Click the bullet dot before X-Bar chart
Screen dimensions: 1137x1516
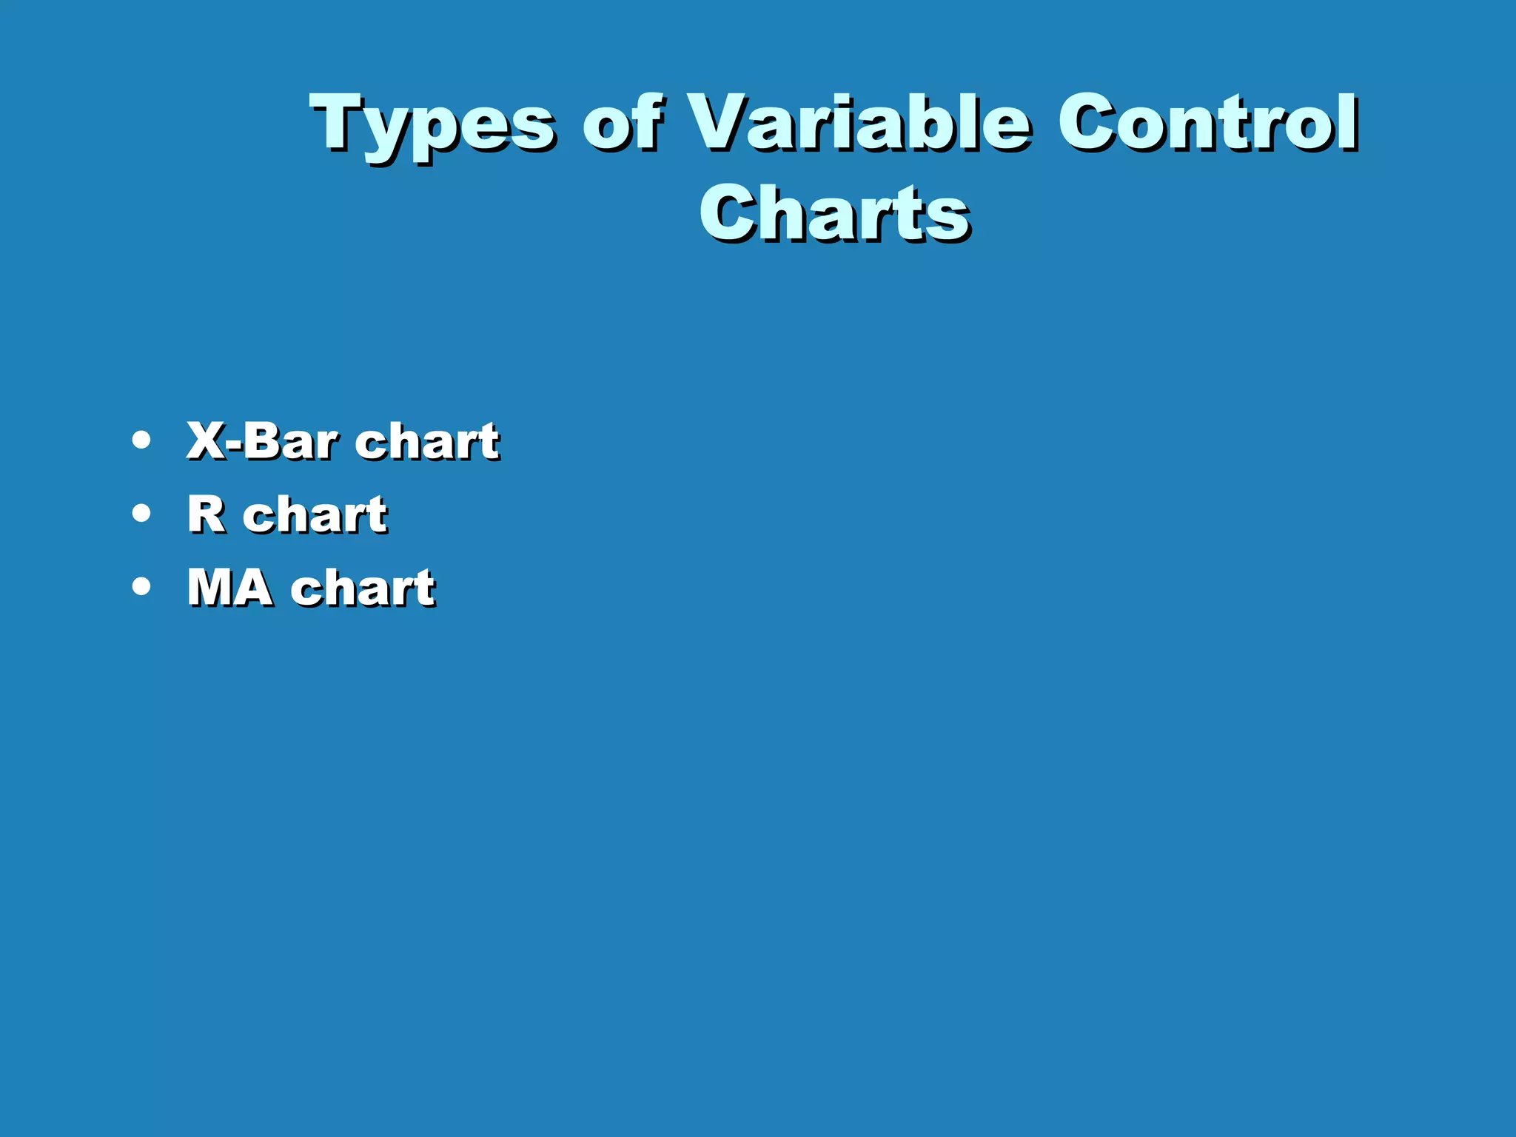click(141, 440)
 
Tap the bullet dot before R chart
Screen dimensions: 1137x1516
click(141, 513)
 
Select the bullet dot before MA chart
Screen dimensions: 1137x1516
click(141, 586)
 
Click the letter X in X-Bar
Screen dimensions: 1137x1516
click(207, 440)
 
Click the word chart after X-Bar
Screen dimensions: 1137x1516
click(426, 441)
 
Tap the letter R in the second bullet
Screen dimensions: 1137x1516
click(207, 514)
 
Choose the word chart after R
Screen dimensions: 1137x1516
click(315, 514)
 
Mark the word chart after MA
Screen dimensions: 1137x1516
click(363, 587)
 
